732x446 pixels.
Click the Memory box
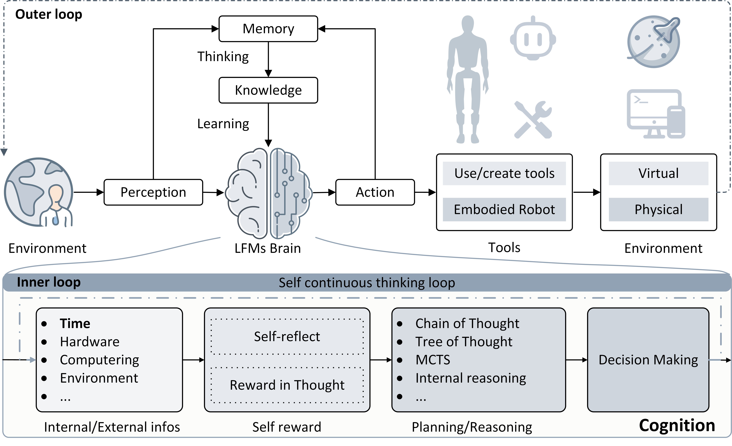coord(268,29)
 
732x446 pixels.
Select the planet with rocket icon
coord(654,42)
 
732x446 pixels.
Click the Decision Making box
coord(648,360)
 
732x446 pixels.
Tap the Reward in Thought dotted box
coord(287,385)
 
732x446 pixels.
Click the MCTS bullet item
coord(433,360)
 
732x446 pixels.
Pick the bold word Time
coord(75,324)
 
